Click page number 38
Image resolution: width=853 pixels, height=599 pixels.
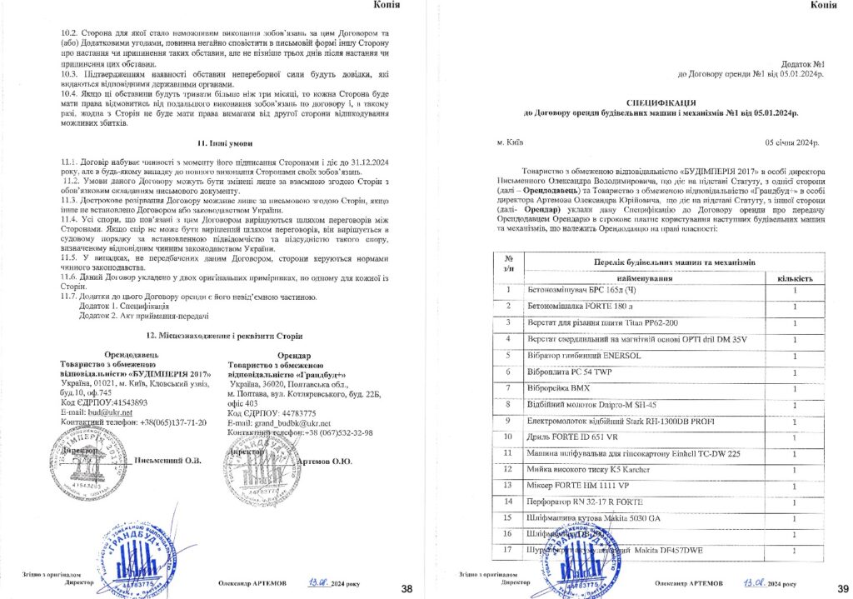point(407,589)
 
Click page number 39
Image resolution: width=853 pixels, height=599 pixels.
point(842,589)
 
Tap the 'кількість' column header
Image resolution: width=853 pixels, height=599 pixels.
point(795,277)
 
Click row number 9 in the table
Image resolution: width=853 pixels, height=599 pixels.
point(507,420)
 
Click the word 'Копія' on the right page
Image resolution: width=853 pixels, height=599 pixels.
point(824,6)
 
